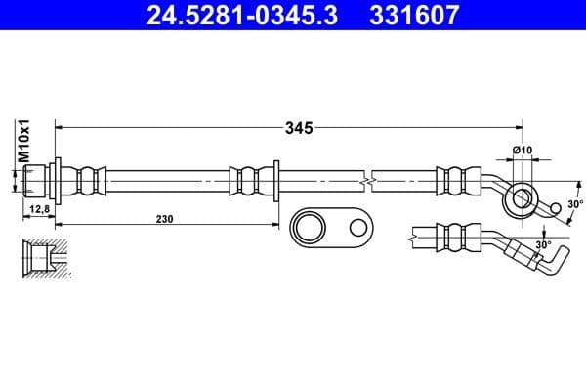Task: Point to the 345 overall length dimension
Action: [x=298, y=127]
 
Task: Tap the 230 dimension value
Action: [x=163, y=220]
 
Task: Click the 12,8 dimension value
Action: [x=40, y=209]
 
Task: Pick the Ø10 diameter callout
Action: [x=522, y=150]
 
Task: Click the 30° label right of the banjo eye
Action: [x=574, y=204]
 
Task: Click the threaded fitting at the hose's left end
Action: [x=37, y=181]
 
